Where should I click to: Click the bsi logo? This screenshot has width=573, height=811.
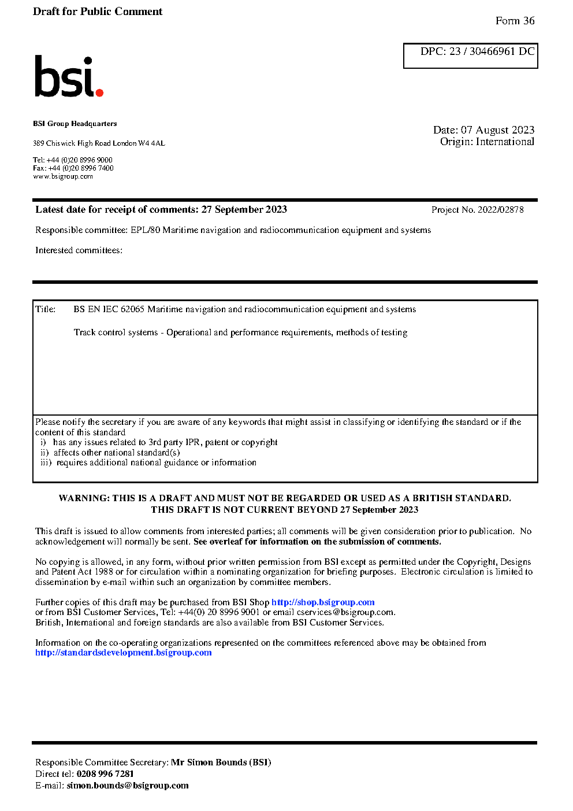click(68, 76)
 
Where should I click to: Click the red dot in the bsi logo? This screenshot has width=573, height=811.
click(99, 92)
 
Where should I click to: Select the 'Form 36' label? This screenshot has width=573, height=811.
click(515, 21)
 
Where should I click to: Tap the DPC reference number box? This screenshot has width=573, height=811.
click(470, 55)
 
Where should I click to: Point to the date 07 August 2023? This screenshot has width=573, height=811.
click(497, 130)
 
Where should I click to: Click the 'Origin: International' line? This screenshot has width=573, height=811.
click(487, 142)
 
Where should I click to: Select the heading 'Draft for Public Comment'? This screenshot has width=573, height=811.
click(98, 12)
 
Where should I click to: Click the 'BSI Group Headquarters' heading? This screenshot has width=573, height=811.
click(75, 124)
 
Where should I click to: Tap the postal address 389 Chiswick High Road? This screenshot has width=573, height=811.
click(99, 143)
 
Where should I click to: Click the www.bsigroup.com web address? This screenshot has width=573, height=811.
click(63, 176)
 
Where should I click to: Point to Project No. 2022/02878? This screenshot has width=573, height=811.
click(477, 210)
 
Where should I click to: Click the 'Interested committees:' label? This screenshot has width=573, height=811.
click(79, 250)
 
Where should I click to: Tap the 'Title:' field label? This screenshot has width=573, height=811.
click(46, 309)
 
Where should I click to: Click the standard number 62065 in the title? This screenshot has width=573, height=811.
click(132, 309)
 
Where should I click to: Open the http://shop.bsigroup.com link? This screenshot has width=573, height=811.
click(323, 602)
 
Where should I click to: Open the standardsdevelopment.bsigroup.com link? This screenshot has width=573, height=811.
click(124, 653)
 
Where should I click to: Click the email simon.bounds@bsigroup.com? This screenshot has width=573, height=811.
click(128, 786)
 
